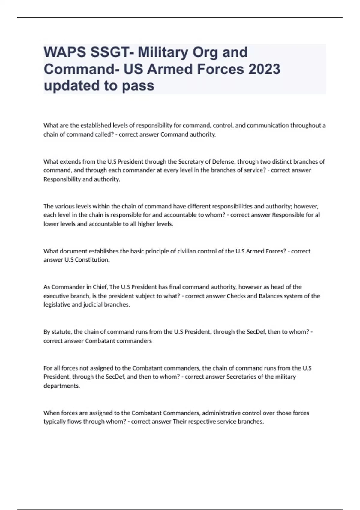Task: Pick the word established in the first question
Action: tap(91, 125)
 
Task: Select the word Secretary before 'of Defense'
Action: tap(191, 162)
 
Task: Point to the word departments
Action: tap(62, 386)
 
